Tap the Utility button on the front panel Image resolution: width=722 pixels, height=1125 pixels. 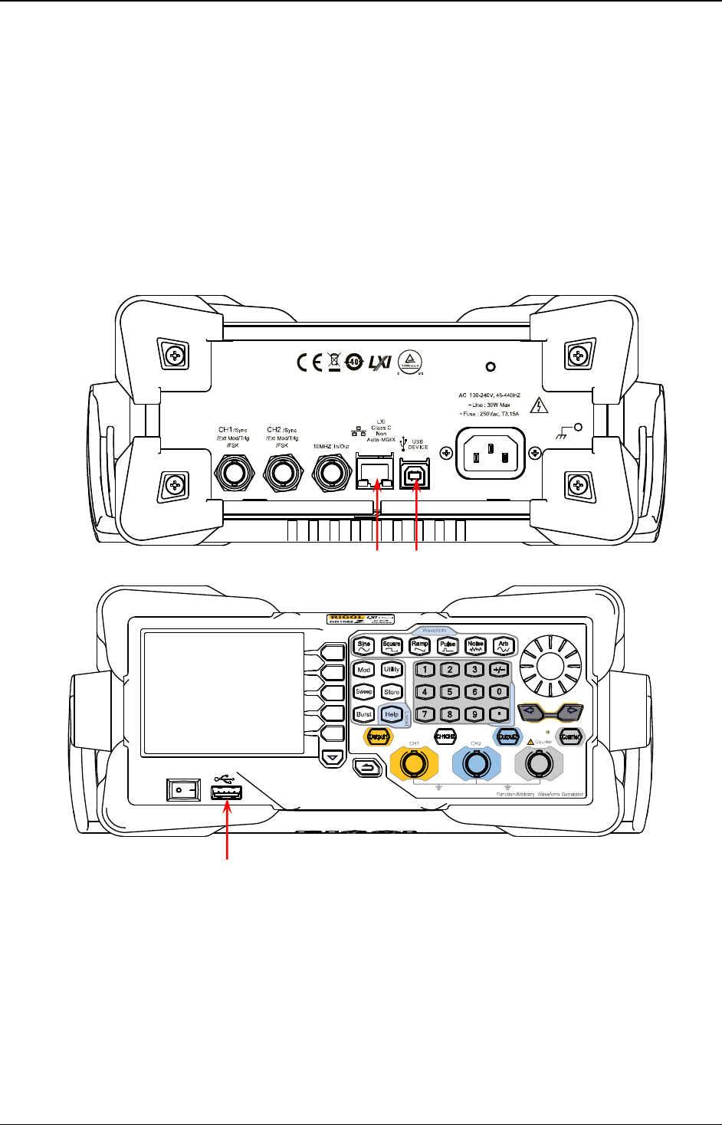(392, 670)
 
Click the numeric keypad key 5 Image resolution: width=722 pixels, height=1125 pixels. (450, 692)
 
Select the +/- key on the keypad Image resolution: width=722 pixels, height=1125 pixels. (499, 670)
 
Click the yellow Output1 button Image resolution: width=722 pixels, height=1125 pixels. (377, 736)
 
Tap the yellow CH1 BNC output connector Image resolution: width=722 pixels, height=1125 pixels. (414, 764)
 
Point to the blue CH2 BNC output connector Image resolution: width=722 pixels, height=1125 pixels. (476, 764)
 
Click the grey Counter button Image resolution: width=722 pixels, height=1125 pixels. (570, 736)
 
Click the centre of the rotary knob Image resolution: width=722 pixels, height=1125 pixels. (550, 665)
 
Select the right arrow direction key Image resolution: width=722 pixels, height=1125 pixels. (571, 711)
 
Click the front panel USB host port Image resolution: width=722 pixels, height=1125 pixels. (227, 792)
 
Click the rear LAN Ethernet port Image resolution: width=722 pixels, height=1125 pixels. (375, 476)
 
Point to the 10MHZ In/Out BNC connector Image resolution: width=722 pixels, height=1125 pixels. (331, 473)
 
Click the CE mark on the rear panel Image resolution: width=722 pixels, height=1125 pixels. (310, 362)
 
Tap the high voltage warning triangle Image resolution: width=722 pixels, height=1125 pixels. (540, 406)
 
